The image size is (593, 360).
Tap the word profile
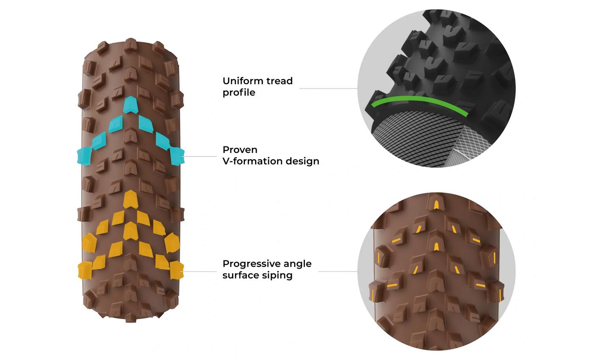[239, 93]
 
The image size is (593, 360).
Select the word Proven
[240, 150]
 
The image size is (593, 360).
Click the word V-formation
[250, 161]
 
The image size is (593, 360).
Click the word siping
[277, 275]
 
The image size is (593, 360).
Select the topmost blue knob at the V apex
[130, 104]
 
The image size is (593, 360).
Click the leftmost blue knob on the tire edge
[84, 155]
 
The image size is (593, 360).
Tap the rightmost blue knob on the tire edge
[177, 155]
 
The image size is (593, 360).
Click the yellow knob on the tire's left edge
[85, 270]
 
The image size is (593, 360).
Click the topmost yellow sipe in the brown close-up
[436, 205]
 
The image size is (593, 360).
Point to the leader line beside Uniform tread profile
[328, 89]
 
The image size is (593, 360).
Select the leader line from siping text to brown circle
[338, 271]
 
